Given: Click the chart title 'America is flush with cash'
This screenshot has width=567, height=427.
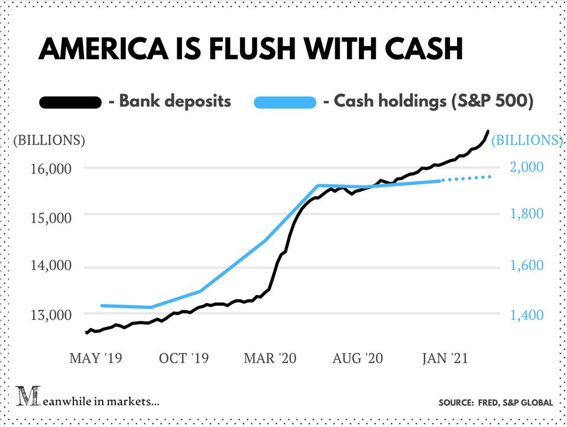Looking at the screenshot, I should tap(250, 49).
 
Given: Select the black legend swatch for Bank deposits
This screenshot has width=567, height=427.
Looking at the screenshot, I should tap(69, 102).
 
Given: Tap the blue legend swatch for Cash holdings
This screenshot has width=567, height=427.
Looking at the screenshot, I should tap(285, 102).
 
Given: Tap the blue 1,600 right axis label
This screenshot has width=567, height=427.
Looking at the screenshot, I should tap(526, 265).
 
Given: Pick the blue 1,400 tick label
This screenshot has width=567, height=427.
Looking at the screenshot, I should tap(526, 314).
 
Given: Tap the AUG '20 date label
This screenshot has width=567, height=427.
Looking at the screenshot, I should tap(358, 358).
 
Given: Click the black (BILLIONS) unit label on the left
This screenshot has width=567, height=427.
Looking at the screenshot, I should tap(49, 141).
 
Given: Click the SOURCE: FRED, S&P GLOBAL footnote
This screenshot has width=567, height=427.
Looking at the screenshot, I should tap(495, 403).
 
